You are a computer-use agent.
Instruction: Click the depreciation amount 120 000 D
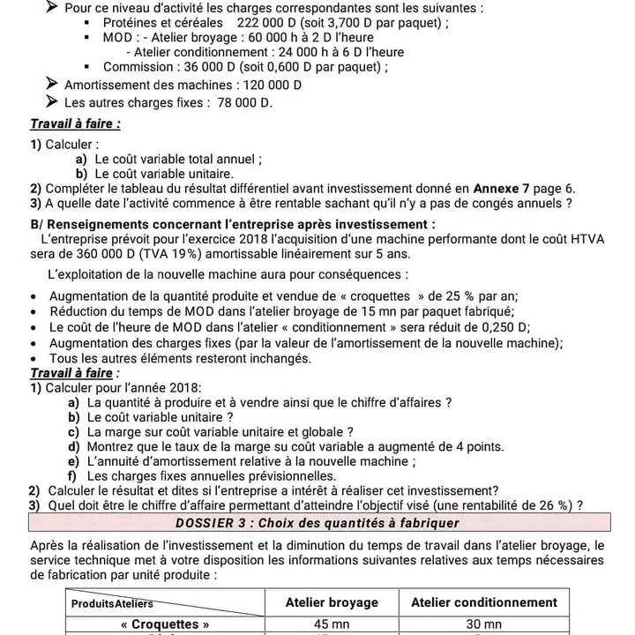(x=270, y=86)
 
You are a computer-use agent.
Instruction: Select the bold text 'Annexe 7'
(x=502, y=188)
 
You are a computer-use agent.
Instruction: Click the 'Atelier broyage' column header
(x=332, y=602)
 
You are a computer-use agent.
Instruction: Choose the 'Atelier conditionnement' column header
(x=484, y=602)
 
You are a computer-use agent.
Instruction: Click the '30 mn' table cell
(x=483, y=624)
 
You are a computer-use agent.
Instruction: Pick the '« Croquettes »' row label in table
(x=166, y=624)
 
